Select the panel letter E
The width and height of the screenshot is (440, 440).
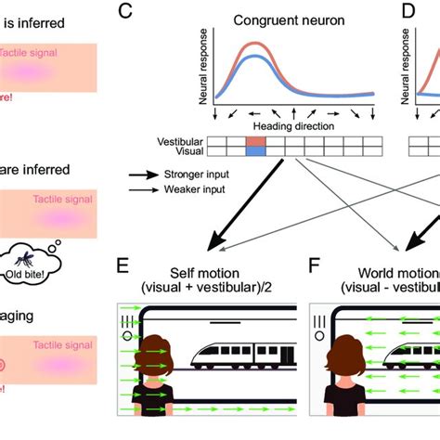(123, 266)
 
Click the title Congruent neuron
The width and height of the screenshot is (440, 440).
(288, 19)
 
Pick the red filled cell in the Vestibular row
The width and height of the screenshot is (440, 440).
(256, 140)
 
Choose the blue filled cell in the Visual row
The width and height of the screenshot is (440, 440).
(256, 149)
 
